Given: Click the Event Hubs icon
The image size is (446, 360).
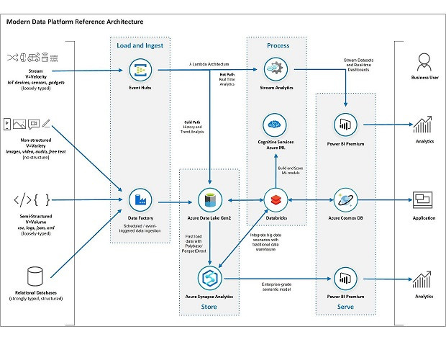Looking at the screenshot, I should tap(139, 70).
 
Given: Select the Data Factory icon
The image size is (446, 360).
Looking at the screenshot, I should tap(139, 199).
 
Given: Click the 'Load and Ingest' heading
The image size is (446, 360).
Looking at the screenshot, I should tap(140, 45).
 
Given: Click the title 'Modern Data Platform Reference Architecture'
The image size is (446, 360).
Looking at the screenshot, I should tap(73, 22).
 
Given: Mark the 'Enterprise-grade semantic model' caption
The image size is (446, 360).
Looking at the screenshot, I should tap(280, 287).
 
